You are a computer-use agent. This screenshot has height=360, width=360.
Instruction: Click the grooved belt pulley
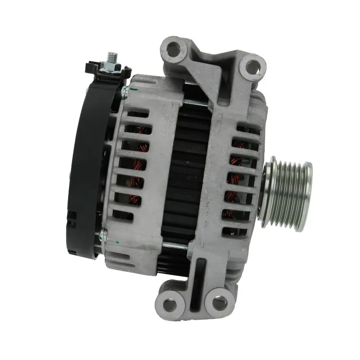[289, 195]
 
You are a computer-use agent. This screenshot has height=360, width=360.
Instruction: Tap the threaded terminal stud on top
[112, 59]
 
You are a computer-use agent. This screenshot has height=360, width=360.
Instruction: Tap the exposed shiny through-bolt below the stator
[176, 246]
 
